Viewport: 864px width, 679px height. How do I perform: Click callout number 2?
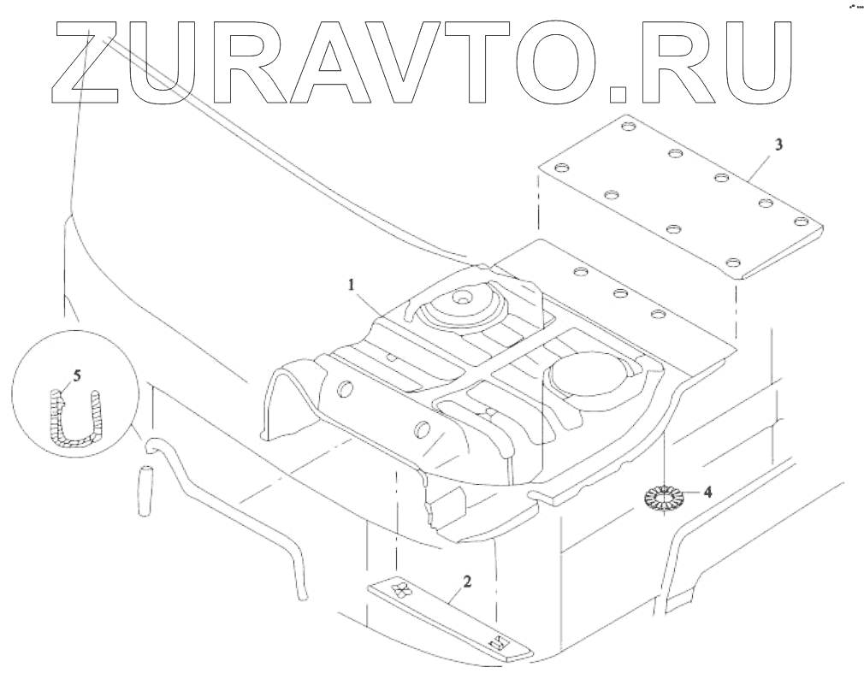point(465,582)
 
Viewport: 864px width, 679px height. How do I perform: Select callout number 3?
point(778,145)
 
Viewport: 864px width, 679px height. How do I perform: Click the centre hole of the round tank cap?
point(461,299)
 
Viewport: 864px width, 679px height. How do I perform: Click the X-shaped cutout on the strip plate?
point(400,590)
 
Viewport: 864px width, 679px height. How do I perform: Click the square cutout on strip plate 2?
point(494,642)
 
